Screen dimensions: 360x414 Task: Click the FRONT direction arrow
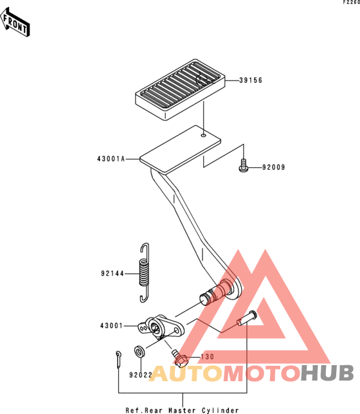click(15, 22)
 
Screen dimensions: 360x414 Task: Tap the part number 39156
click(251, 80)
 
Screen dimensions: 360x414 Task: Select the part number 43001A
click(111, 159)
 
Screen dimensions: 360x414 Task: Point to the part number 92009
click(274, 167)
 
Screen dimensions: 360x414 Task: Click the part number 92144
click(113, 274)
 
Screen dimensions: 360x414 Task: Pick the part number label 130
click(208, 357)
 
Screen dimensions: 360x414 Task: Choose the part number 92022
click(141, 375)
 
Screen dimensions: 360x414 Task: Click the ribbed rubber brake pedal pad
click(180, 89)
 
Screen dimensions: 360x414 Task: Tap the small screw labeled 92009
click(243, 165)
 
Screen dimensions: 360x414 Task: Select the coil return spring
click(144, 273)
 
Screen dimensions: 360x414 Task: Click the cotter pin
click(118, 359)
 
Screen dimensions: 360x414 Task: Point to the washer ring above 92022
click(139, 352)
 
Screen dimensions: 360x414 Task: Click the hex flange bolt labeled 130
click(180, 359)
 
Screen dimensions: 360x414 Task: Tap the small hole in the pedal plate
click(203, 136)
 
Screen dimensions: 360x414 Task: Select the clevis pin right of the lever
click(247, 318)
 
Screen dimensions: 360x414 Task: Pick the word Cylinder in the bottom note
click(221, 410)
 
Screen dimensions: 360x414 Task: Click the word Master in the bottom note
click(182, 410)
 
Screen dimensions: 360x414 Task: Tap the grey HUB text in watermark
click(327, 373)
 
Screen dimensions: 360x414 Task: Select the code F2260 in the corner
click(352, 2)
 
